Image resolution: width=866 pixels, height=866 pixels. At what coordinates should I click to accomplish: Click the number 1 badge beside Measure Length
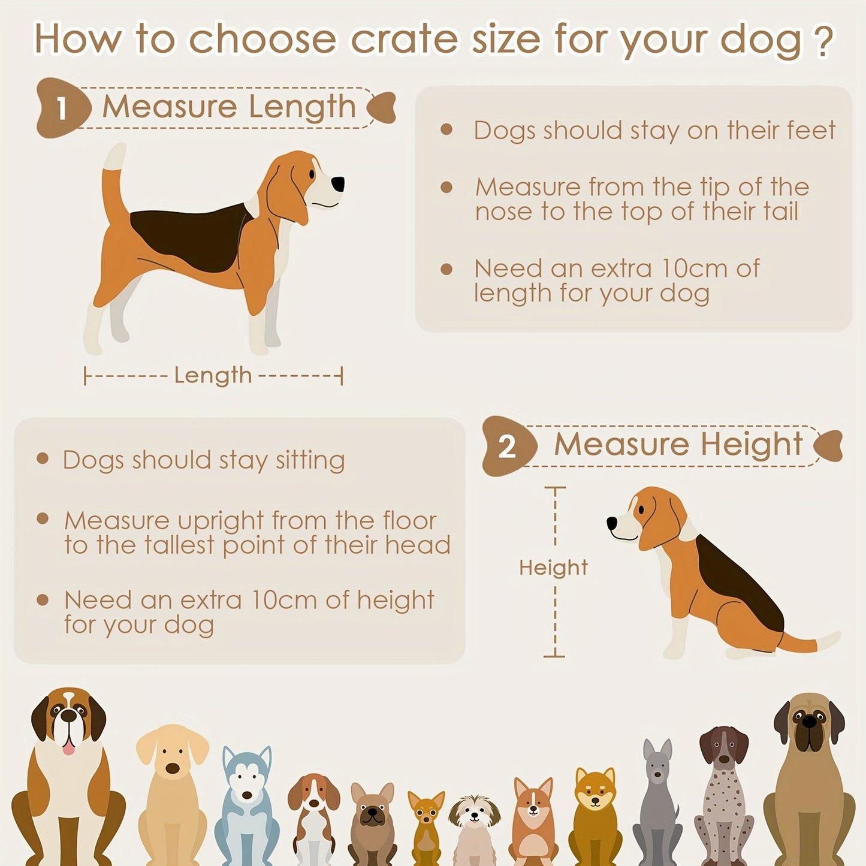[x=61, y=109]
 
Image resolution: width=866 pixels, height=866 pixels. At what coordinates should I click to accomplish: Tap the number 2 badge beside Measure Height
[x=507, y=446]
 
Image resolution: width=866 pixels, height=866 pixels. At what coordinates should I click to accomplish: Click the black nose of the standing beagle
[x=339, y=183]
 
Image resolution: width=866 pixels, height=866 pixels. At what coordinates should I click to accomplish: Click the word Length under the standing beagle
[x=213, y=376]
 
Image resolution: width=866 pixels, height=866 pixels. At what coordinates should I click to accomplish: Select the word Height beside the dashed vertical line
[x=553, y=568]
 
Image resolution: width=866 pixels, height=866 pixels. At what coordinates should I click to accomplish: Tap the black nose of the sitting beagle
[x=612, y=523]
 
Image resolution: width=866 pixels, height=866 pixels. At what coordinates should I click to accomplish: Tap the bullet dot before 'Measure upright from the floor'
[x=43, y=518]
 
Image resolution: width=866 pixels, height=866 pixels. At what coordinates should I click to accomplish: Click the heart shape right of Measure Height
[x=829, y=445]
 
